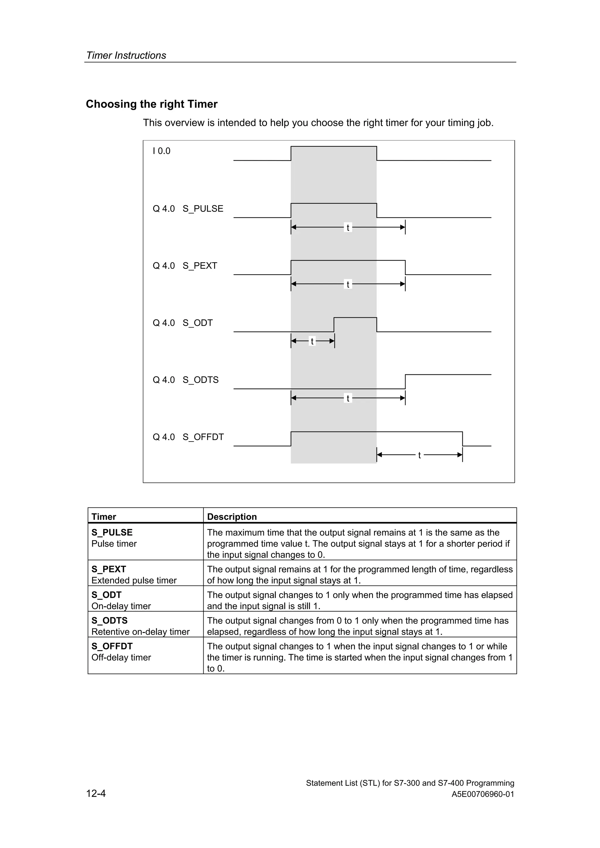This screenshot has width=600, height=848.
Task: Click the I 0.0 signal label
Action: coord(161,151)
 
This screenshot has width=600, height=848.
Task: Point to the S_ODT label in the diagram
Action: coord(197,323)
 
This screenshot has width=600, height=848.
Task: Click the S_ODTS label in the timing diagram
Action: coord(200,380)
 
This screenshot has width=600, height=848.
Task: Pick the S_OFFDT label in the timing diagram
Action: coord(203,437)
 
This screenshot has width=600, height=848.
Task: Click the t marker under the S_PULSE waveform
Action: coord(348,228)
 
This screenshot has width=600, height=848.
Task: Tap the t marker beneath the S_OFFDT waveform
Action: coord(419,455)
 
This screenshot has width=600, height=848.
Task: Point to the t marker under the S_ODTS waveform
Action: coord(348,398)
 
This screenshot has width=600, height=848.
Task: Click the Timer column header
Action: coord(104,516)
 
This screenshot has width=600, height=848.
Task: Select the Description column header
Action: coord(232,516)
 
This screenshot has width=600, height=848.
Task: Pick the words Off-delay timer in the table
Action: coord(121,658)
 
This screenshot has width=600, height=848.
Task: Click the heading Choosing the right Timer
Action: coord(151,104)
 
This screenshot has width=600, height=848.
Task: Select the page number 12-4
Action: coord(96,793)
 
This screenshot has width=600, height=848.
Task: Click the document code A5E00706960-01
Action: coord(483,794)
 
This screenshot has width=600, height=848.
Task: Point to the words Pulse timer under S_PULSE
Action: coord(114,544)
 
